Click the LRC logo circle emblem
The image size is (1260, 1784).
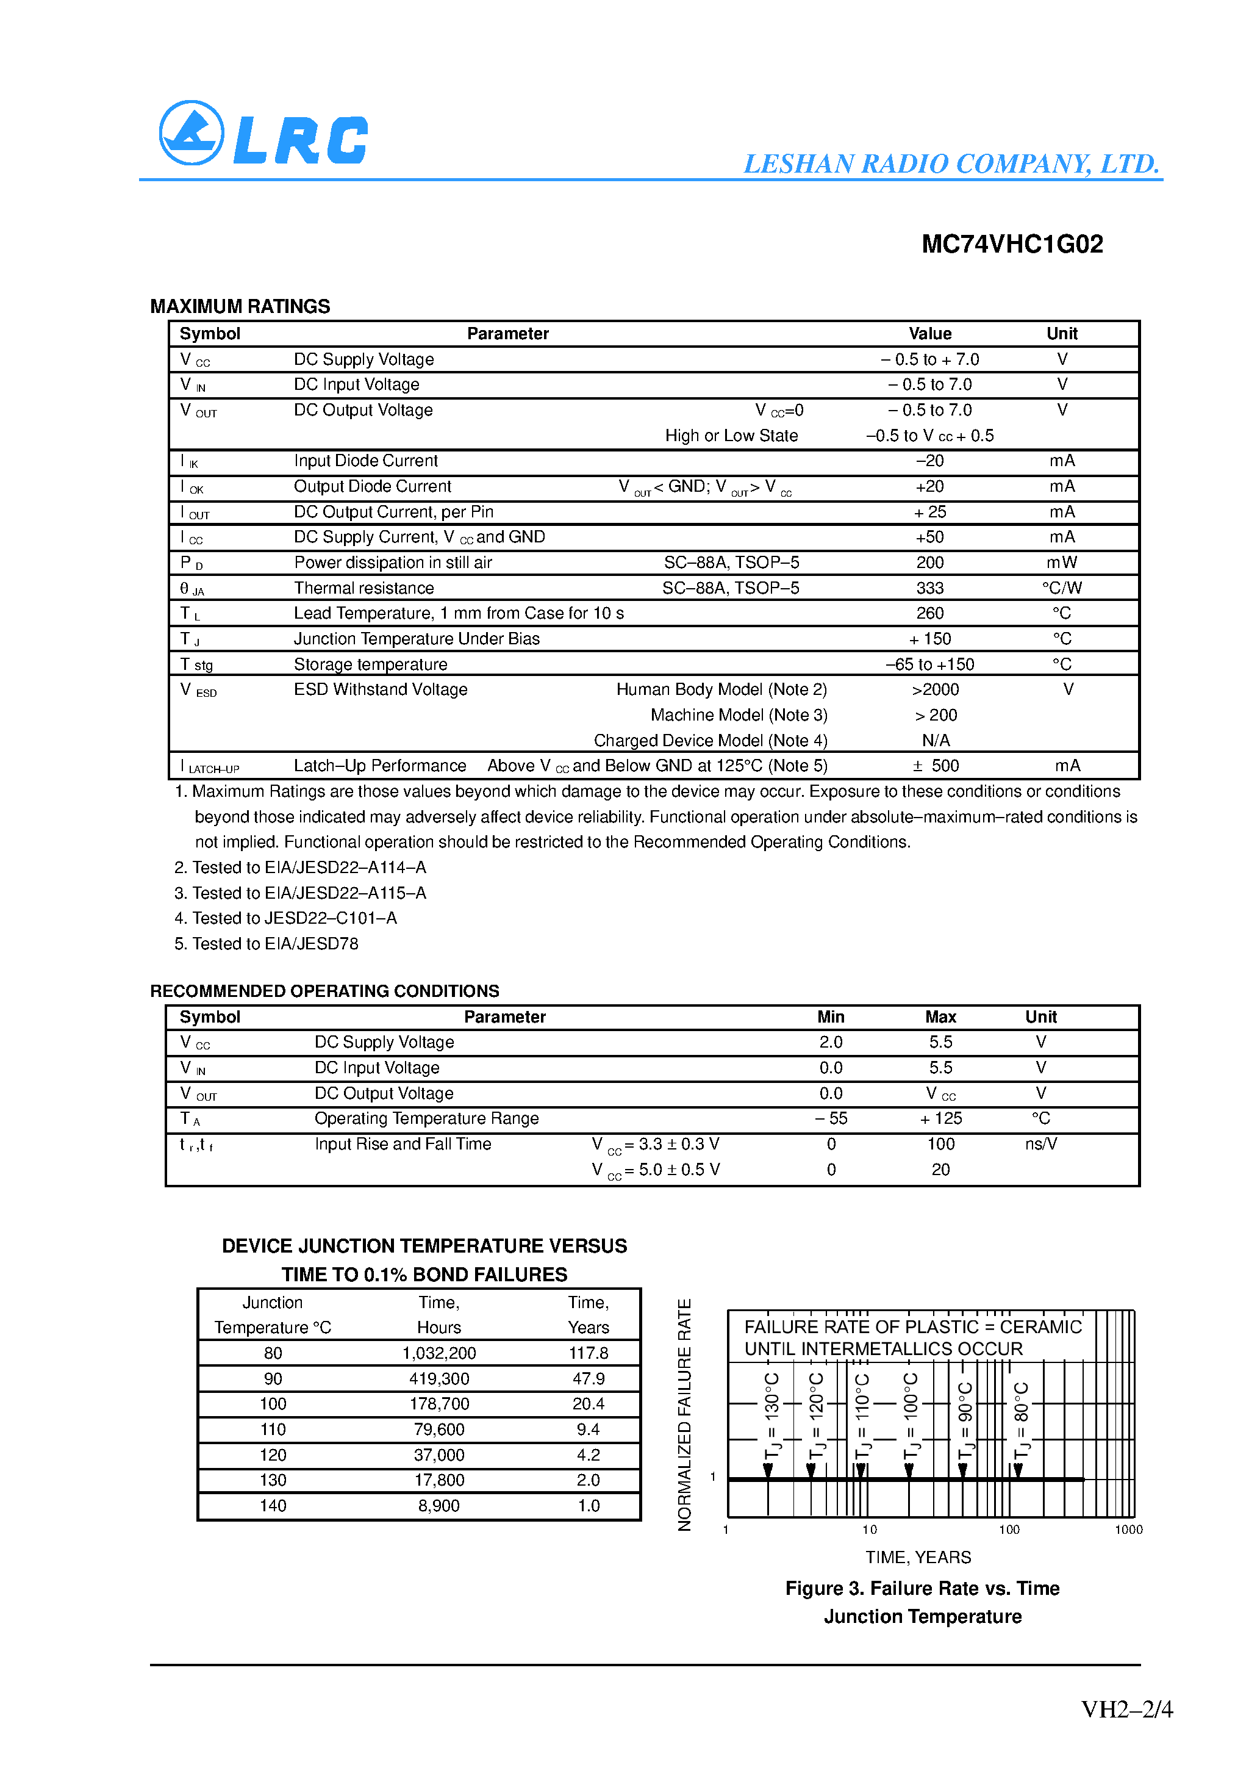(191, 133)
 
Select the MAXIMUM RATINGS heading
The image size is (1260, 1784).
(240, 306)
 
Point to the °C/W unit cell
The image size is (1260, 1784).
(1061, 588)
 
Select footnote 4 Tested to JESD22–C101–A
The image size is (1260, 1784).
(286, 918)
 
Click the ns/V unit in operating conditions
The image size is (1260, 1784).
(1040, 1144)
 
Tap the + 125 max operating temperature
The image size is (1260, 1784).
(940, 1118)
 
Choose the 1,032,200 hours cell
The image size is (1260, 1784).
(439, 1353)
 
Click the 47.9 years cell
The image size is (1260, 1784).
(588, 1378)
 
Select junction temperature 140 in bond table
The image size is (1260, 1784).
(273, 1506)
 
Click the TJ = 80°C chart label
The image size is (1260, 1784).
(1022, 1421)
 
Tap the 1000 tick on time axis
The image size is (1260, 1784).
(1128, 1529)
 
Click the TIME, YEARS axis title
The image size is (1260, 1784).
(918, 1557)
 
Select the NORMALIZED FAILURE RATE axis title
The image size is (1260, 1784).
(684, 1414)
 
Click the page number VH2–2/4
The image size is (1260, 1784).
(1126, 1710)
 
